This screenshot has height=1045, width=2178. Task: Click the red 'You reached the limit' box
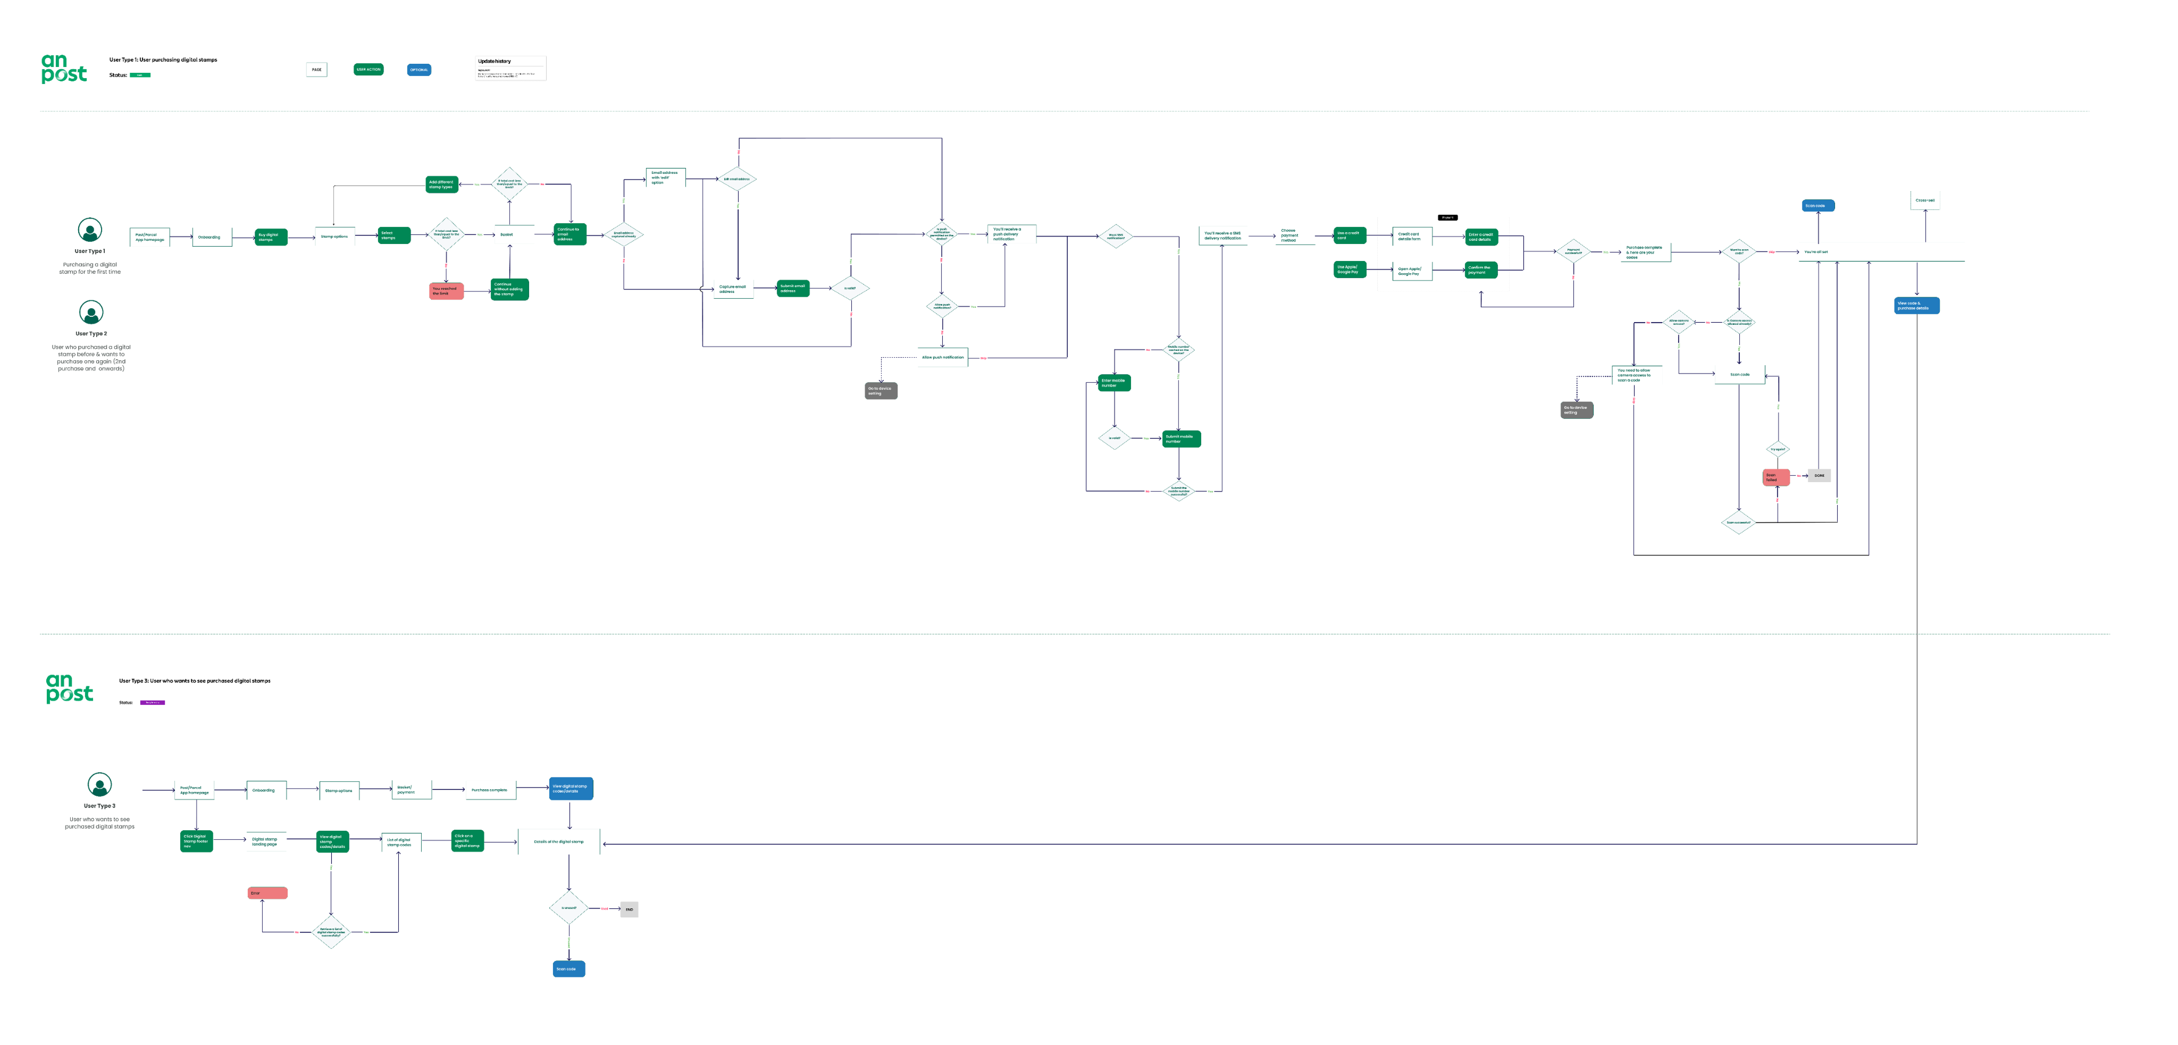(446, 291)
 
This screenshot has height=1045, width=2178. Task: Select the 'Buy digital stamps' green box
(271, 237)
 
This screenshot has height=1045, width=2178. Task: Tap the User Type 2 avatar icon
(91, 312)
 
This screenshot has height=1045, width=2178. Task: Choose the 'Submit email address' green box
(793, 288)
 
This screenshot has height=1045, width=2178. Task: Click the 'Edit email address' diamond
(736, 179)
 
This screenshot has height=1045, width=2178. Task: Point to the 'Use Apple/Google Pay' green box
(1350, 269)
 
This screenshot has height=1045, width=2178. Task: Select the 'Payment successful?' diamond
(1573, 251)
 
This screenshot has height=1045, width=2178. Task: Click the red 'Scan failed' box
(1775, 477)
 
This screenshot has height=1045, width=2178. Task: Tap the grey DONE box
(1819, 475)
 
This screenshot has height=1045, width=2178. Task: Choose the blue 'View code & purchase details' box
(1916, 305)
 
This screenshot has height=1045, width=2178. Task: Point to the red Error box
(267, 893)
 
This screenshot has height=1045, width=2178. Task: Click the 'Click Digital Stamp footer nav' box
(196, 841)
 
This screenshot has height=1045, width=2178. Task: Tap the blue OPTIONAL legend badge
(418, 69)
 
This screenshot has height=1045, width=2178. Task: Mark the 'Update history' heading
(495, 61)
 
